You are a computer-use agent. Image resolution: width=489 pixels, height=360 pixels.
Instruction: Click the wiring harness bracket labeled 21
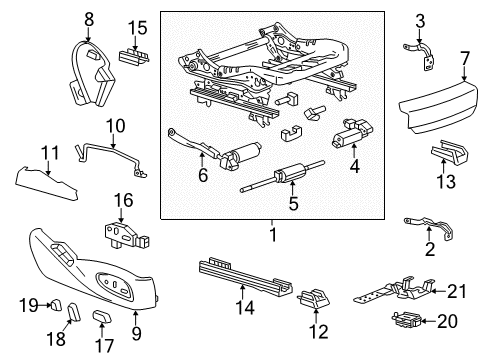tap(395, 290)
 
